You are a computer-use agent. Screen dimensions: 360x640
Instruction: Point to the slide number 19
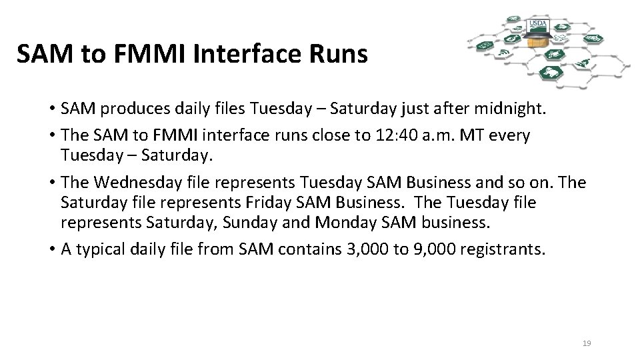587,343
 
